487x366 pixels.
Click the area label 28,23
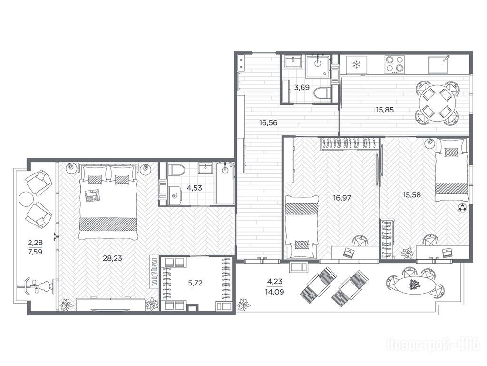(112, 258)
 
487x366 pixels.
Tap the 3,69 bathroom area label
(302, 88)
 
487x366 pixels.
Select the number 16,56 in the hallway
(268, 123)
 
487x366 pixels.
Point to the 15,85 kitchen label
(385, 110)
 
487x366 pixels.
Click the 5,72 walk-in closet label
(195, 283)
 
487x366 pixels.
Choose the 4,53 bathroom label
(194, 188)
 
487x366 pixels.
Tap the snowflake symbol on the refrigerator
(356, 65)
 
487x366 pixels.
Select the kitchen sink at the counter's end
(438, 65)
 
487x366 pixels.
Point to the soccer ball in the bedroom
(462, 208)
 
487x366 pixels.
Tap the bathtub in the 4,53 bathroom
(225, 183)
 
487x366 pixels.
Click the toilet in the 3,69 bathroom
(322, 93)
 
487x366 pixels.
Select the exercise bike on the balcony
(36, 285)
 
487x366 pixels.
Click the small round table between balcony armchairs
(26, 199)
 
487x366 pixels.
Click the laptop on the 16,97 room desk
(349, 252)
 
